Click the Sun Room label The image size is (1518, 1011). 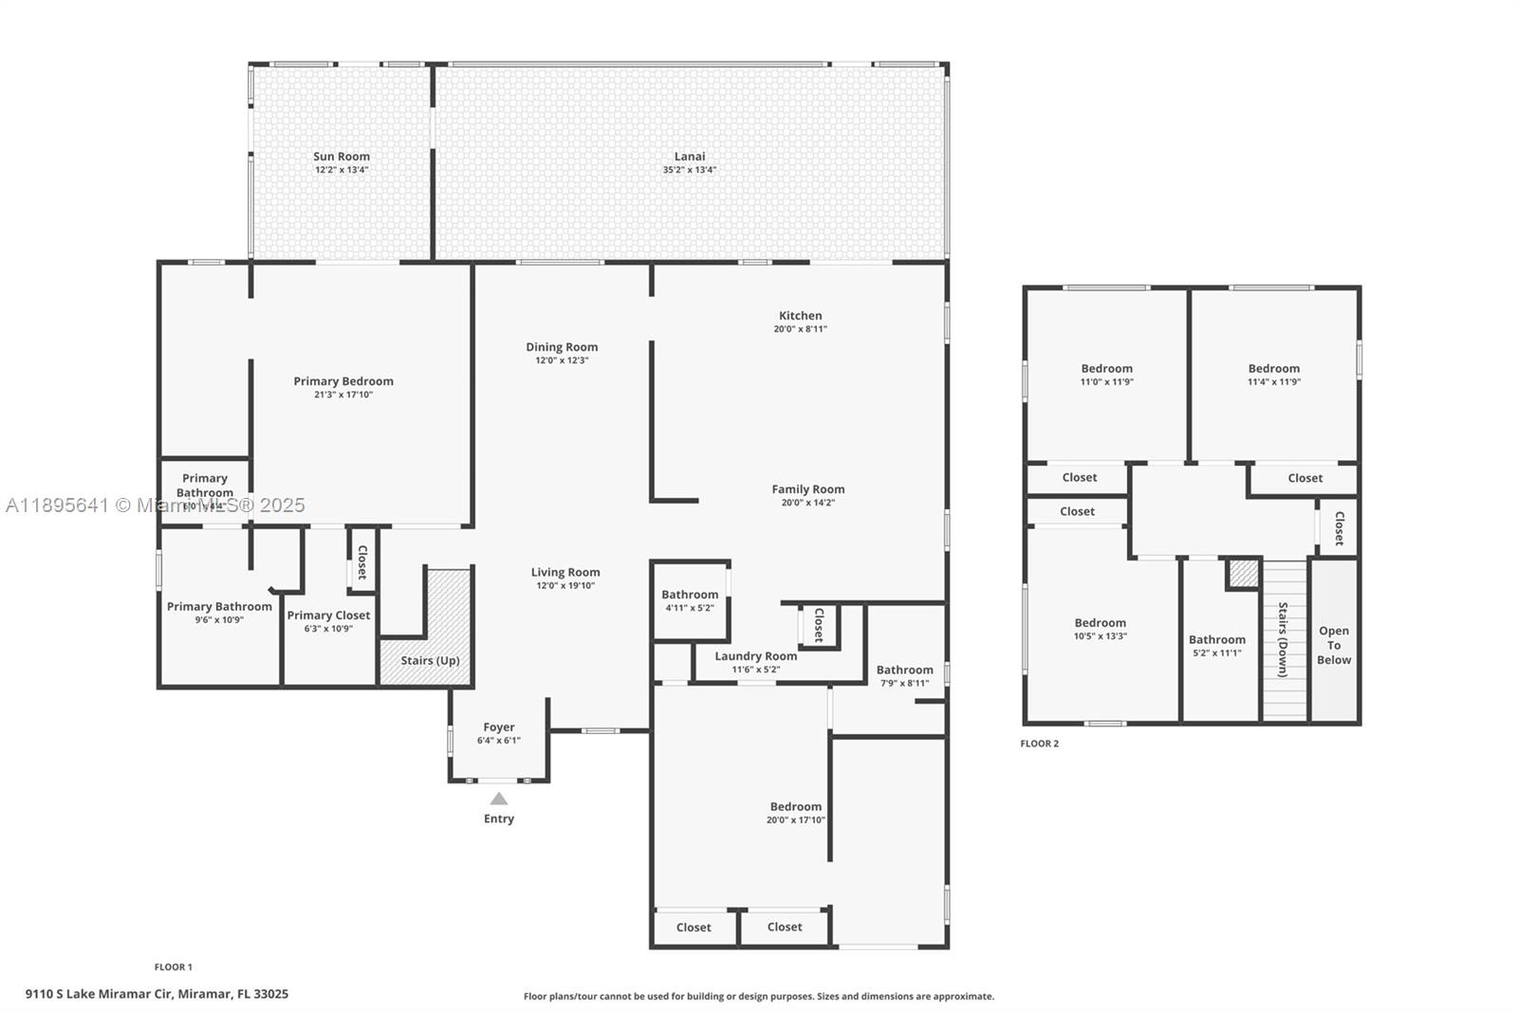coord(342,156)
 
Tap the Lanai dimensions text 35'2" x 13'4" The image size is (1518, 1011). coord(690,171)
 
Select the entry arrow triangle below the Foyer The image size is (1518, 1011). coord(499,799)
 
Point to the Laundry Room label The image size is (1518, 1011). coord(755,656)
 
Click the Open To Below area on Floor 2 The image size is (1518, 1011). coord(1334,645)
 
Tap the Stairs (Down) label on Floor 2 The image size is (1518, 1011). coord(1283,639)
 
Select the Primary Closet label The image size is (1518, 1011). coord(328,616)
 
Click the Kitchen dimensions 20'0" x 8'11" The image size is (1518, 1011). coord(801,329)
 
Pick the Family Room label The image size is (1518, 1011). coord(807,489)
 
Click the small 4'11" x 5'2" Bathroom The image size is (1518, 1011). coord(690,600)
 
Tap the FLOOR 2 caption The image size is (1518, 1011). coord(1039,744)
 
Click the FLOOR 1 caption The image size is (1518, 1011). coord(174,967)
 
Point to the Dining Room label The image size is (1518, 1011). coord(562,347)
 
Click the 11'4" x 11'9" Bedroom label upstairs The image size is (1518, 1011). coord(1273,369)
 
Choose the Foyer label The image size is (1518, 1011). coord(499,727)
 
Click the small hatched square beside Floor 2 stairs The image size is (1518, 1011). coord(1243,574)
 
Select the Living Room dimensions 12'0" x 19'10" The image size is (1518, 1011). coord(565,586)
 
